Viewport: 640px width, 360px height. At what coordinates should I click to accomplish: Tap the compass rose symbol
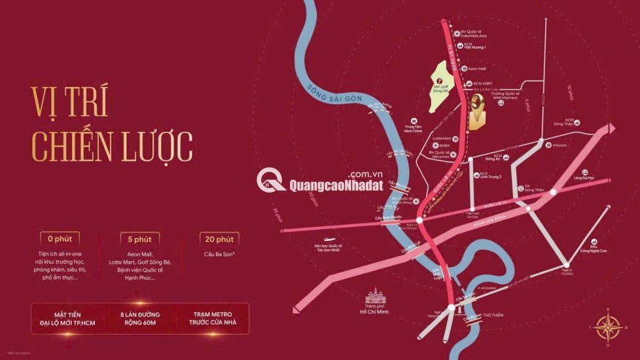pos(608,326)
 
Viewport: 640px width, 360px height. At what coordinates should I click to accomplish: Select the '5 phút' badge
pos(139,239)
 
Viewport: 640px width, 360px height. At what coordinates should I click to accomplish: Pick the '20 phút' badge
pos(219,239)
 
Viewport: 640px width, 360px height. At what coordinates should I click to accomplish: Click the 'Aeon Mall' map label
pos(476,68)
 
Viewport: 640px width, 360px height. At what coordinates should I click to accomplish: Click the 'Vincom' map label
pos(560,145)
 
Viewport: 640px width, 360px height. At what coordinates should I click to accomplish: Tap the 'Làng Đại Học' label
pos(583,177)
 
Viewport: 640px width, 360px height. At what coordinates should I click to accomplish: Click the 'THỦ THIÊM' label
pos(495,315)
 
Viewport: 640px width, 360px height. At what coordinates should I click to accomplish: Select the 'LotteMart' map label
pos(442,138)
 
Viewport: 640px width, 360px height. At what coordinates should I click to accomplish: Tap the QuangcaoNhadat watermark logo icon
pos(271,180)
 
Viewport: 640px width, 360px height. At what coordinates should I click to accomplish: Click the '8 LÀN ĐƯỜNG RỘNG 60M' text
pos(139,318)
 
